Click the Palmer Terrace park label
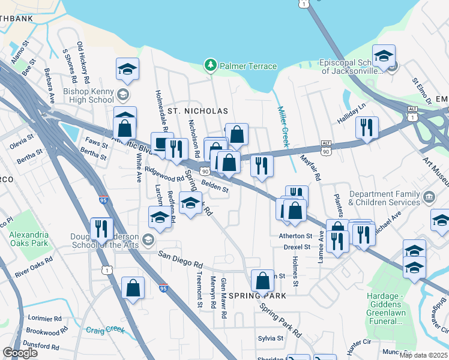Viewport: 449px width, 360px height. click(x=247, y=66)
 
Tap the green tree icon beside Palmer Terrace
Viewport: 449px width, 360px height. click(x=210, y=65)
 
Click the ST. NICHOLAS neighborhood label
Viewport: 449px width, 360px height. click(x=197, y=112)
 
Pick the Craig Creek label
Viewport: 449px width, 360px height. click(x=106, y=329)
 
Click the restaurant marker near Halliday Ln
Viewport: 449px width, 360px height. click(x=366, y=128)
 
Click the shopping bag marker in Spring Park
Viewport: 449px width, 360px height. click(x=262, y=281)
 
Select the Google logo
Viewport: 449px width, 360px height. click(x=20, y=353)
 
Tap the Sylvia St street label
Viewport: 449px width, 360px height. click(x=271, y=338)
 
